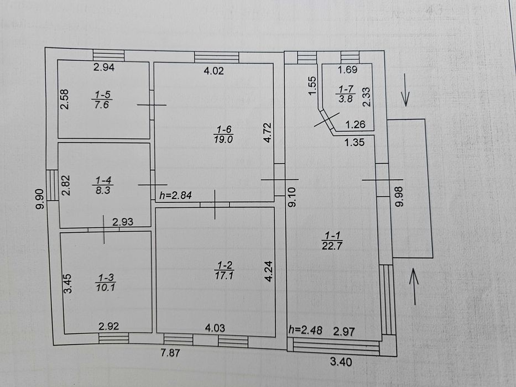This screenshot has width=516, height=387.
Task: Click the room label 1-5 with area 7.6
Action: pos(102,100)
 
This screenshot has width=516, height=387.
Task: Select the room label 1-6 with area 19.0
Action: pos(223,134)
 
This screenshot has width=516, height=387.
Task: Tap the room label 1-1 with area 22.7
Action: pos(332,240)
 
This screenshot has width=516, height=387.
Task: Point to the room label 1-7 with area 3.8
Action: pos(346,94)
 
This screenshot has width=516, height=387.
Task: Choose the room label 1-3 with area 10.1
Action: pos(106,283)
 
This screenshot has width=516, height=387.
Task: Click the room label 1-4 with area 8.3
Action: pos(103,185)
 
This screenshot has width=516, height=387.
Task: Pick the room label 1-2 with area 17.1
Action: pos(224,270)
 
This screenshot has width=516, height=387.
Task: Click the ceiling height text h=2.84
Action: pos(175,196)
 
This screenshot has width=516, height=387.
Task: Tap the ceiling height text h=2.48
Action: pos(305,330)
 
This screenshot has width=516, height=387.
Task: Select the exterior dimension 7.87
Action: pos(170,353)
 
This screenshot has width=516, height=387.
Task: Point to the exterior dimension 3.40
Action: pos(341,362)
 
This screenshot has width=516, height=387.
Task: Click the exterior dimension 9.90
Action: pos(40,199)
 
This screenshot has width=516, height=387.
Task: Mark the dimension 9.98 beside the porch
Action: pos(399,196)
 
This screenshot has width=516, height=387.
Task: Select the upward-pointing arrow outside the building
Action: pos(414,286)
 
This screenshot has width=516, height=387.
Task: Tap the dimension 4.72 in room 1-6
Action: pos(268,132)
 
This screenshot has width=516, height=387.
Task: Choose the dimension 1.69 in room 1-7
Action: pos(347,70)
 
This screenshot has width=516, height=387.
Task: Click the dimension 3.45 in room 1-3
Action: pos(68,284)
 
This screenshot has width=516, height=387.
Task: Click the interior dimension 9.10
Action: pos(292,197)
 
